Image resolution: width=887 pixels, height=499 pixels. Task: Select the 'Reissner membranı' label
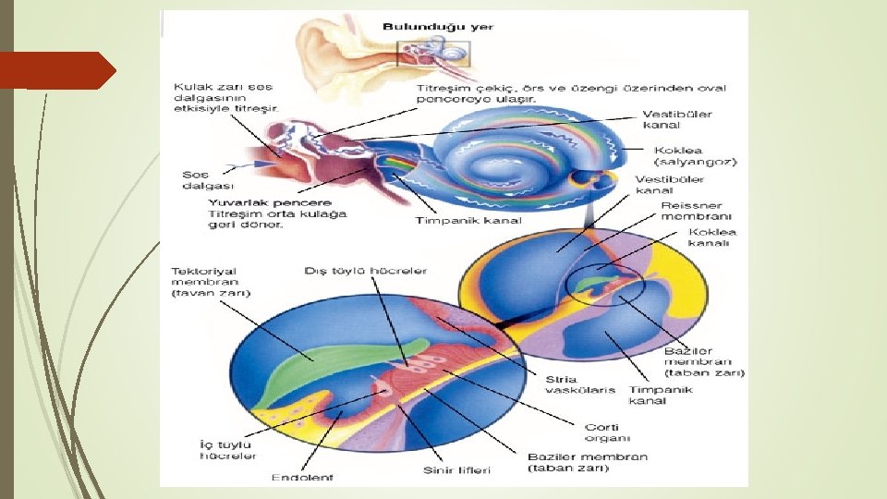click(x=691, y=211)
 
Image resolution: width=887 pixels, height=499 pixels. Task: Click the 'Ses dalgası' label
click(x=195, y=179)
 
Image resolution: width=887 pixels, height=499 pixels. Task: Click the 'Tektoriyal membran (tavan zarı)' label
click(x=211, y=282)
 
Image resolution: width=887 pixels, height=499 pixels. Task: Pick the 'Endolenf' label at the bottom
click(x=302, y=477)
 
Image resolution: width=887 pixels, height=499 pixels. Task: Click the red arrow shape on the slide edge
click(x=57, y=70)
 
